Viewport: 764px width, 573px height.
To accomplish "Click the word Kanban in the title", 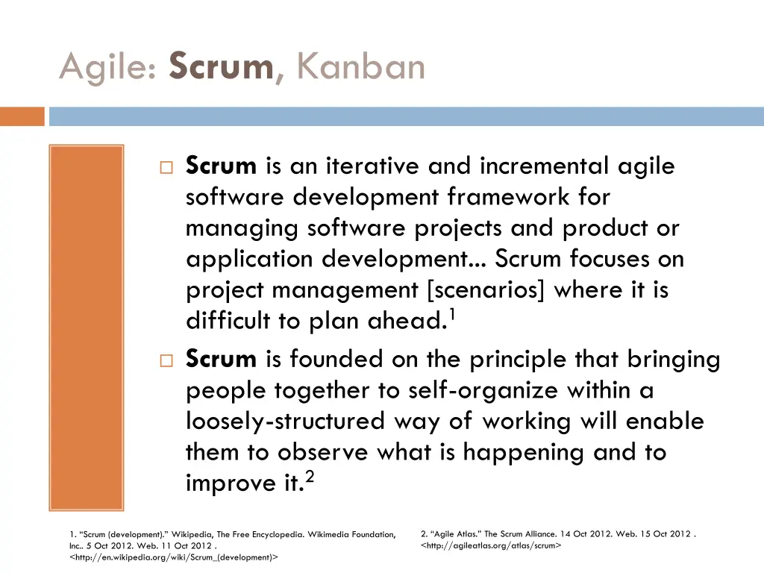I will pos(360,67).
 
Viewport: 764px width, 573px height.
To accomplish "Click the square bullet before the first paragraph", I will pos(166,167).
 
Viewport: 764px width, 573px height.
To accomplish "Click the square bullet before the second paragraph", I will pos(166,361).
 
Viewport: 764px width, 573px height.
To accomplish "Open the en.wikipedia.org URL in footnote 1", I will pos(173,557).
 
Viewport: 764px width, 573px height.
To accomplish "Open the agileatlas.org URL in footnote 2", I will pos(491,545).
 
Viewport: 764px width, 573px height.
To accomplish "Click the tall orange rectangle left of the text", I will pos(86,328).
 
